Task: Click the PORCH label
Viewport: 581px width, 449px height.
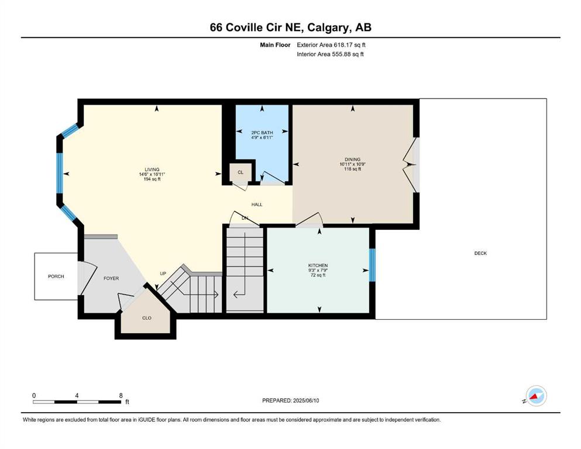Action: click(56, 277)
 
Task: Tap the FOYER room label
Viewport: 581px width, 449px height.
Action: click(111, 278)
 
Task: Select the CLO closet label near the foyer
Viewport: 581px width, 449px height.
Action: click(147, 318)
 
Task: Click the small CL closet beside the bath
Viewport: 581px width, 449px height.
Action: click(241, 172)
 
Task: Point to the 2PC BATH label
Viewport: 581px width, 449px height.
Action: click(262, 133)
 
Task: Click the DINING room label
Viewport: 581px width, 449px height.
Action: click(352, 160)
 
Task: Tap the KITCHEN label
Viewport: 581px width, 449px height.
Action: click(318, 265)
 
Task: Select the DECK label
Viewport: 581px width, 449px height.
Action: click(480, 253)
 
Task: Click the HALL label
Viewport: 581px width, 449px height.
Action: click(257, 204)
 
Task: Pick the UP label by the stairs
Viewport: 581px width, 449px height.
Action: click(163, 274)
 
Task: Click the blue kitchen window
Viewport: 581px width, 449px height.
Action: click(372, 265)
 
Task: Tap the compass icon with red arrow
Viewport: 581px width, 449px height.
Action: click(536, 396)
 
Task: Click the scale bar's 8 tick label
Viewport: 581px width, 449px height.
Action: click(121, 395)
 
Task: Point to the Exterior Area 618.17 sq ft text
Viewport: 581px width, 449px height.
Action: click(331, 45)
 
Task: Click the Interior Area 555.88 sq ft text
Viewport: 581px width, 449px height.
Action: click(330, 54)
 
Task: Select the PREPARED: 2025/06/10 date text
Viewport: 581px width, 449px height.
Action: click(290, 400)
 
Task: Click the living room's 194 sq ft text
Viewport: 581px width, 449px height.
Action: click(152, 179)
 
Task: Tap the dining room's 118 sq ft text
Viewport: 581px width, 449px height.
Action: click(352, 169)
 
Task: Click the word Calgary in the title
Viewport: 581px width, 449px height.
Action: click(328, 27)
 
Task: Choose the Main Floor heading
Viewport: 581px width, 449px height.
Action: click(275, 45)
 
